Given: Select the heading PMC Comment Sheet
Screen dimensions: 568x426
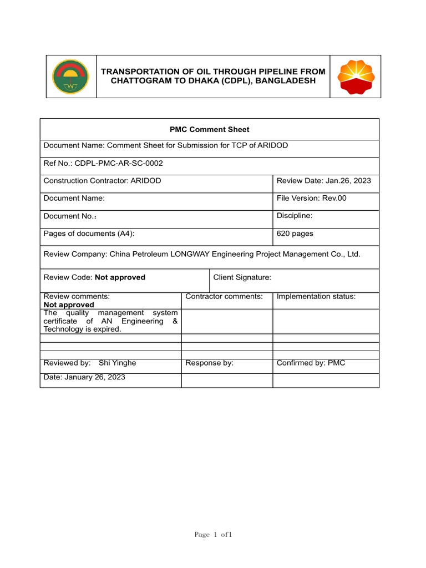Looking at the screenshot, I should tap(209, 129).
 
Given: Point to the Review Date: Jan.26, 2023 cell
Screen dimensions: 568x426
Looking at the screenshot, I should tap(323, 181).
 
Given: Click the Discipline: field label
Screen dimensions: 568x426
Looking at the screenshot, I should tap(295, 216).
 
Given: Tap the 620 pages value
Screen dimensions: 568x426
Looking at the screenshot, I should tap(295, 234).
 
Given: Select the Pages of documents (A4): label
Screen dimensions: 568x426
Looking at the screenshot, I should tap(89, 234).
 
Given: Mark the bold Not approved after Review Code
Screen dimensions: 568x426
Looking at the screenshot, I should tap(120, 277).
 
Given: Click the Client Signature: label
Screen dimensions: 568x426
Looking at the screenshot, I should tap(242, 277).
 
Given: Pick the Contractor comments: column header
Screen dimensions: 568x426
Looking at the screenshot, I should tap(224, 297).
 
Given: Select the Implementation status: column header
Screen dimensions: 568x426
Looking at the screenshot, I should tap(316, 297).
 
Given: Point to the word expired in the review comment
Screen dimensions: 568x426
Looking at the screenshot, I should tap(108, 329).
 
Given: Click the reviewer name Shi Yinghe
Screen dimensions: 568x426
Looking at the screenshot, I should tap(117, 363).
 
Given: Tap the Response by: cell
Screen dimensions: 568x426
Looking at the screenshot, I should tap(209, 363).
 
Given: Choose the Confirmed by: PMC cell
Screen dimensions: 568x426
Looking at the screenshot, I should tap(311, 363).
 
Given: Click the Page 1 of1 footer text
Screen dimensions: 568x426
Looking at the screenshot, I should tap(212, 535).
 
